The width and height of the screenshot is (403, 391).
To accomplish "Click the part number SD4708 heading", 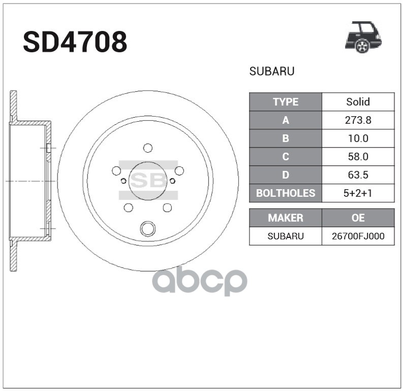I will [75, 43].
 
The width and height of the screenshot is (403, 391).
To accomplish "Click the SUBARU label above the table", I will [272, 72].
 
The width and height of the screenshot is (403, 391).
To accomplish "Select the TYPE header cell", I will [285, 102].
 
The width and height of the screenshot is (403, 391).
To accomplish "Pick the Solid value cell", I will [358, 102].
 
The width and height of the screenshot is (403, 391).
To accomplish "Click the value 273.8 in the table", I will [358, 120].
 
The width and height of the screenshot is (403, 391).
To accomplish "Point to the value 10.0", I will [358, 138].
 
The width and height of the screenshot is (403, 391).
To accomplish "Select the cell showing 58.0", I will [358, 157].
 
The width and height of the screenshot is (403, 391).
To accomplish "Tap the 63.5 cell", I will [358, 175].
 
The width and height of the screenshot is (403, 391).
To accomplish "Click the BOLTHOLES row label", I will [285, 193].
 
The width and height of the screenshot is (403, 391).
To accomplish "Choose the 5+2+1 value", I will [358, 193].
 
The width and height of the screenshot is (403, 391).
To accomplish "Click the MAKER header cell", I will [285, 218].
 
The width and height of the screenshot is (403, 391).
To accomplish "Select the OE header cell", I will [358, 218].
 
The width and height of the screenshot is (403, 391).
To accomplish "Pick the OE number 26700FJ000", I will [358, 236].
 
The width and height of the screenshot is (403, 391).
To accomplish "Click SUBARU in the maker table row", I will [285, 236].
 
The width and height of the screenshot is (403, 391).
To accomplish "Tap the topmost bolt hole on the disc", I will [148, 148].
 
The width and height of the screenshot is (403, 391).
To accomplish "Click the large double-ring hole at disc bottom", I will [148, 229].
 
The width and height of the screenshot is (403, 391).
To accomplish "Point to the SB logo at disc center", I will [148, 181].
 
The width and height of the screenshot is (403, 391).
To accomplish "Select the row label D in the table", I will [285, 175].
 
